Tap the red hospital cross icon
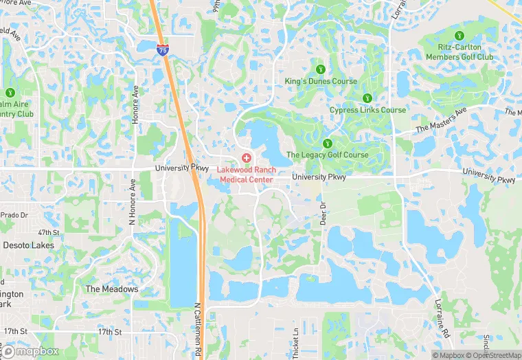click(247, 158)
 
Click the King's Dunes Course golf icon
click(320, 69)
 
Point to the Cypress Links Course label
click(367, 110)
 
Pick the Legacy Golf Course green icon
click(327, 143)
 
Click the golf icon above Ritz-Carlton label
click(459, 35)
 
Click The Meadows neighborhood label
click(111, 289)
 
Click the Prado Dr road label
click(13, 215)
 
